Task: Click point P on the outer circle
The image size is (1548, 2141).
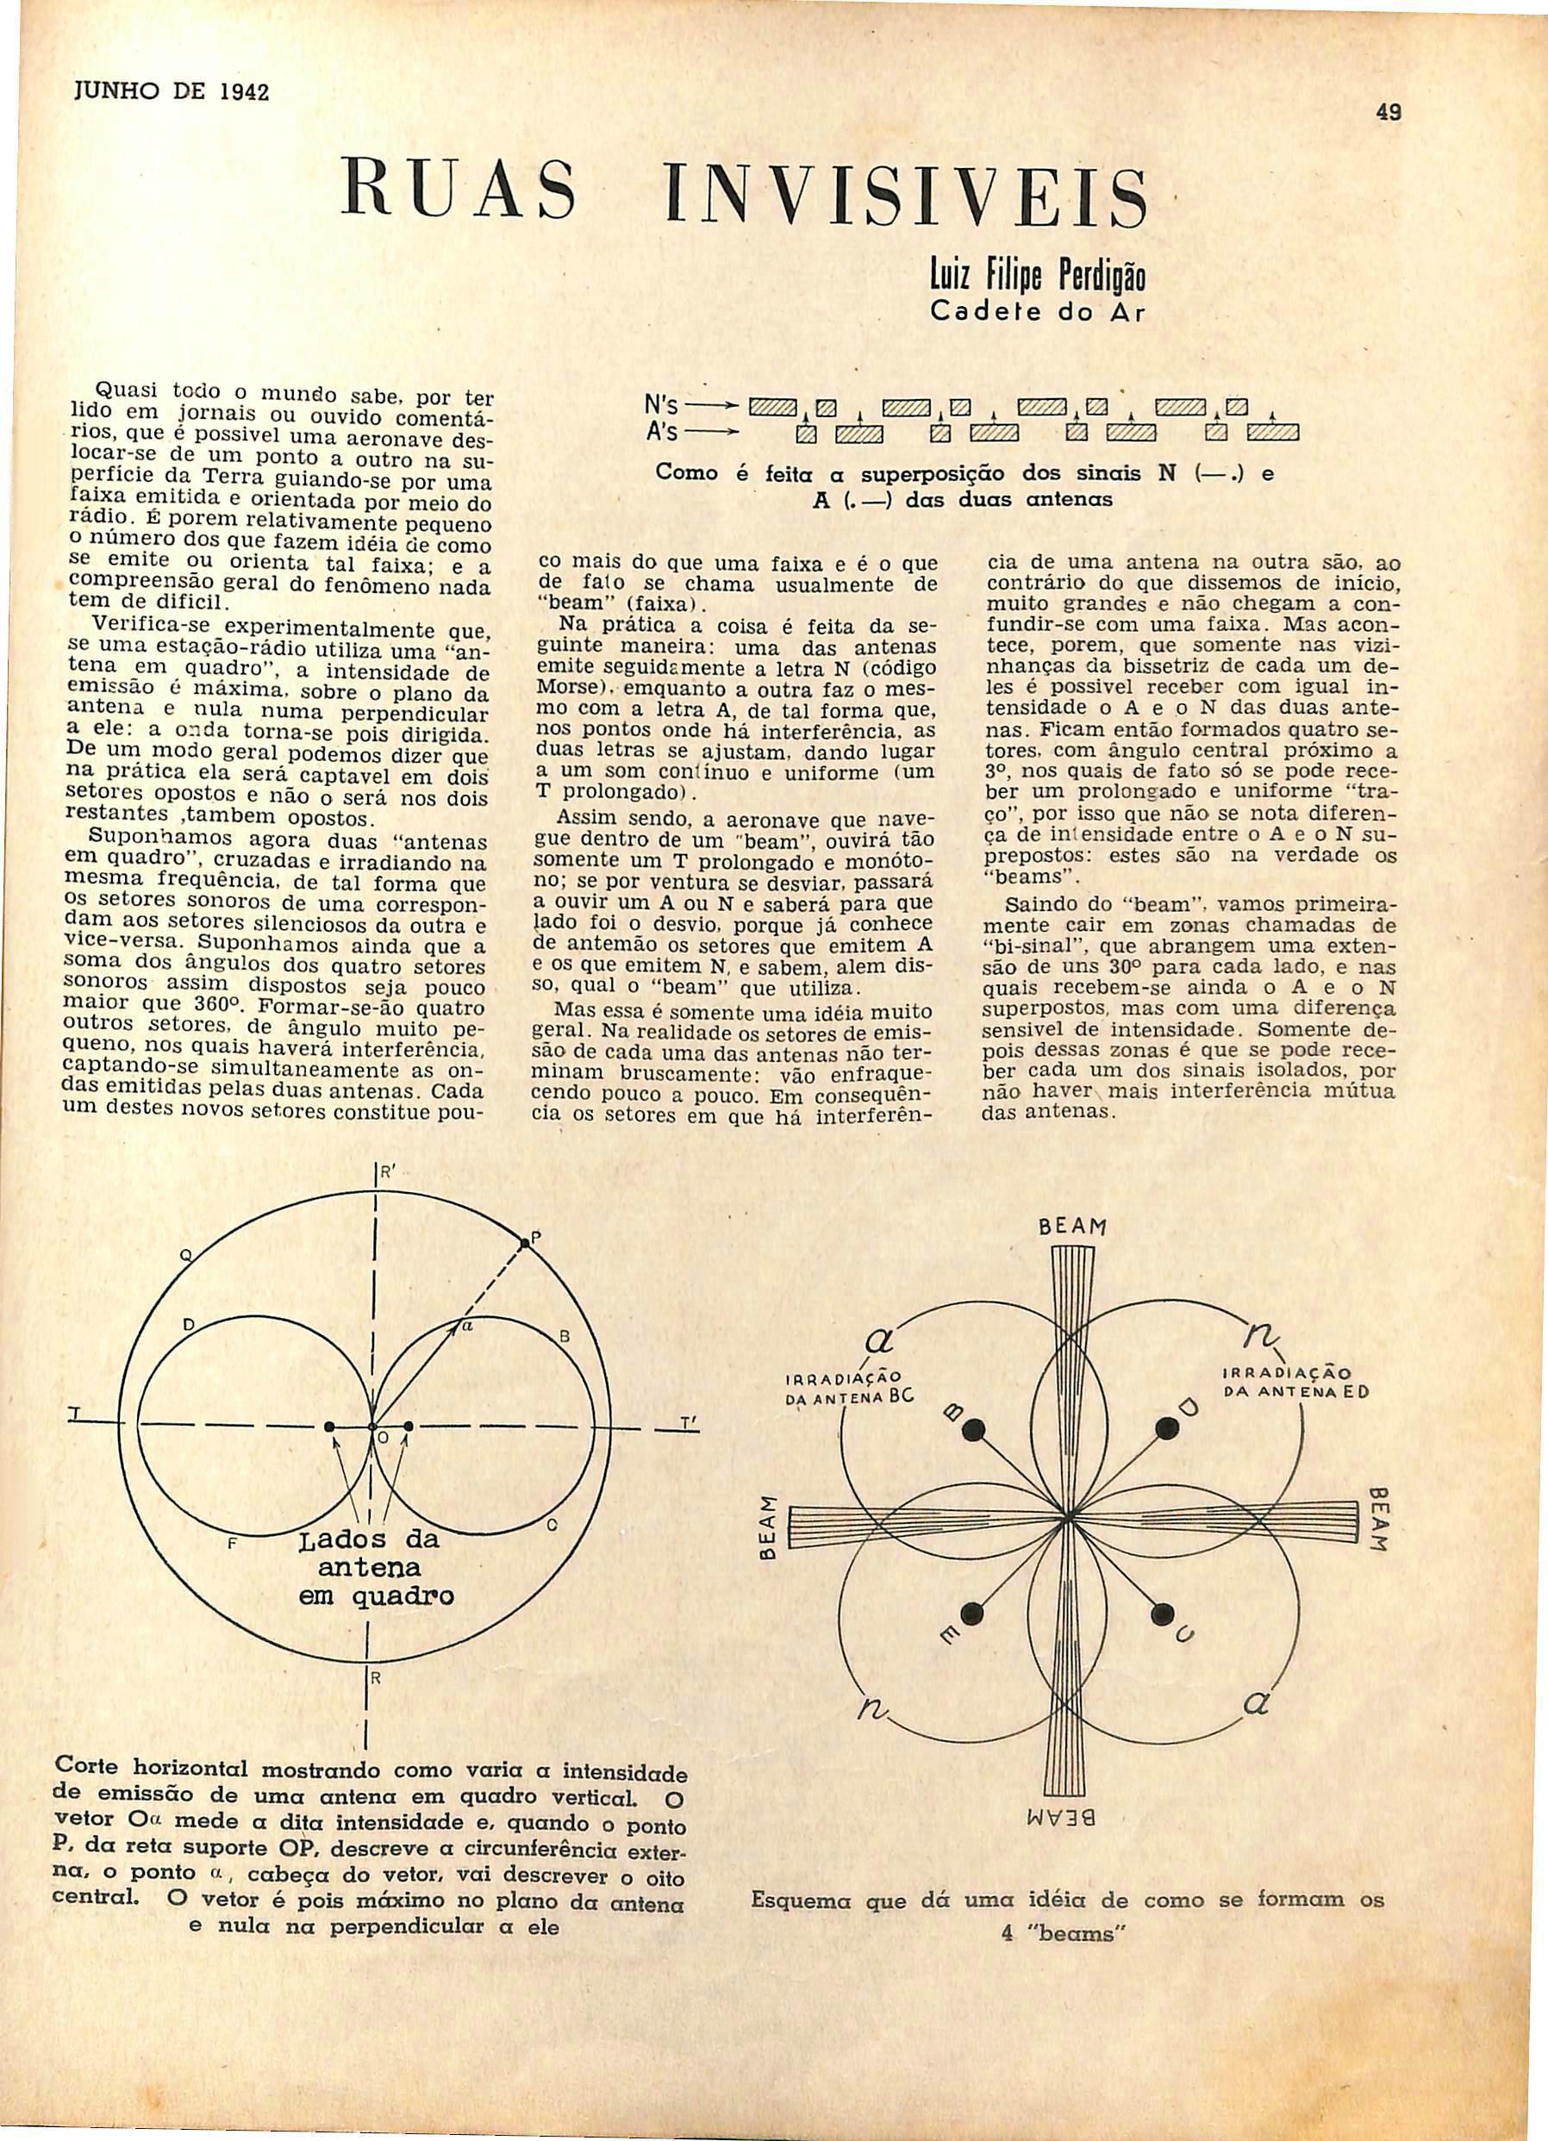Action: [526, 1239]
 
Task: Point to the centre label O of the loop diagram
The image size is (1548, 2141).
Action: [384, 1464]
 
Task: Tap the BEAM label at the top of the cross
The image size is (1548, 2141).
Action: [1071, 1228]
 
